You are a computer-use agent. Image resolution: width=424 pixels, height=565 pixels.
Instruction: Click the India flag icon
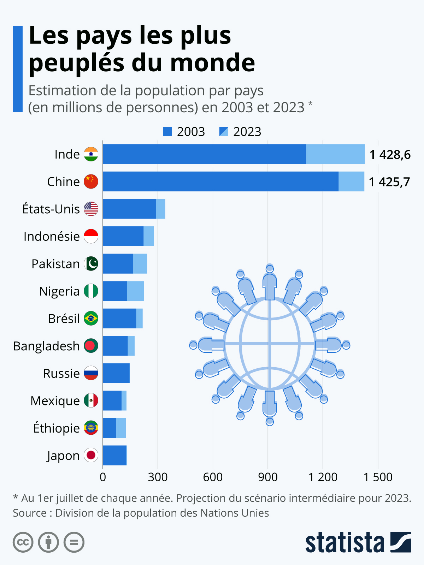click(91, 154)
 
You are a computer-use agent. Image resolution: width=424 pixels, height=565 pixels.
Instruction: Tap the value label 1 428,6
click(390, 155)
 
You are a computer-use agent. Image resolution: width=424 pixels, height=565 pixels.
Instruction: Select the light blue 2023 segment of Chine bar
click(351, 182)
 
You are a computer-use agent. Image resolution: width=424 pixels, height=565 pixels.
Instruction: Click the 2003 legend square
click(167, 132)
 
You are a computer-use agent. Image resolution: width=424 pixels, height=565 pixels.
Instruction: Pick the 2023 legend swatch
click(224, 132)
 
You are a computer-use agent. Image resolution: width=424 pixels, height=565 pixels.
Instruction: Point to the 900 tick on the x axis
click(267, 477)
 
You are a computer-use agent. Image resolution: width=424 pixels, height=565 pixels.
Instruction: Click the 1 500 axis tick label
click(378, 477)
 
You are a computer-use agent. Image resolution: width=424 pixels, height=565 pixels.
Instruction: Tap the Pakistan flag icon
click(91, 264)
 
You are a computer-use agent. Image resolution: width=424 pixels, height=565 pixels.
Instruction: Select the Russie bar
click(116, 373)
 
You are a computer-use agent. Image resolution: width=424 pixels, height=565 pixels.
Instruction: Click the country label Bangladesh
click(46, 346)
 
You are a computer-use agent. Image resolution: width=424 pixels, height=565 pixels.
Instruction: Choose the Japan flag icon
click(91, 455)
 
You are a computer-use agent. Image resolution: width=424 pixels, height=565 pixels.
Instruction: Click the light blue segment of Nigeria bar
click(135, 291)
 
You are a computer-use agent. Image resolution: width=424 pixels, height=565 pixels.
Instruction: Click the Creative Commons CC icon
click(23, 542)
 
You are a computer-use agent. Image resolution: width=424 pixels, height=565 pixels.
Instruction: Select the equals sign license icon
click(74, 542)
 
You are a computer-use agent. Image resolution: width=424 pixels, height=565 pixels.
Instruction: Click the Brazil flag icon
click(91, 319)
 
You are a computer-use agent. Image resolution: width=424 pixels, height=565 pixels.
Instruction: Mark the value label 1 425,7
click(389, 182)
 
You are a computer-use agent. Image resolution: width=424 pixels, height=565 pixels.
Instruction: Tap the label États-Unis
click(51, 209)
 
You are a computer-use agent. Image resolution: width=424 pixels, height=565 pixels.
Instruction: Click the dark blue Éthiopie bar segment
click(110, 428)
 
